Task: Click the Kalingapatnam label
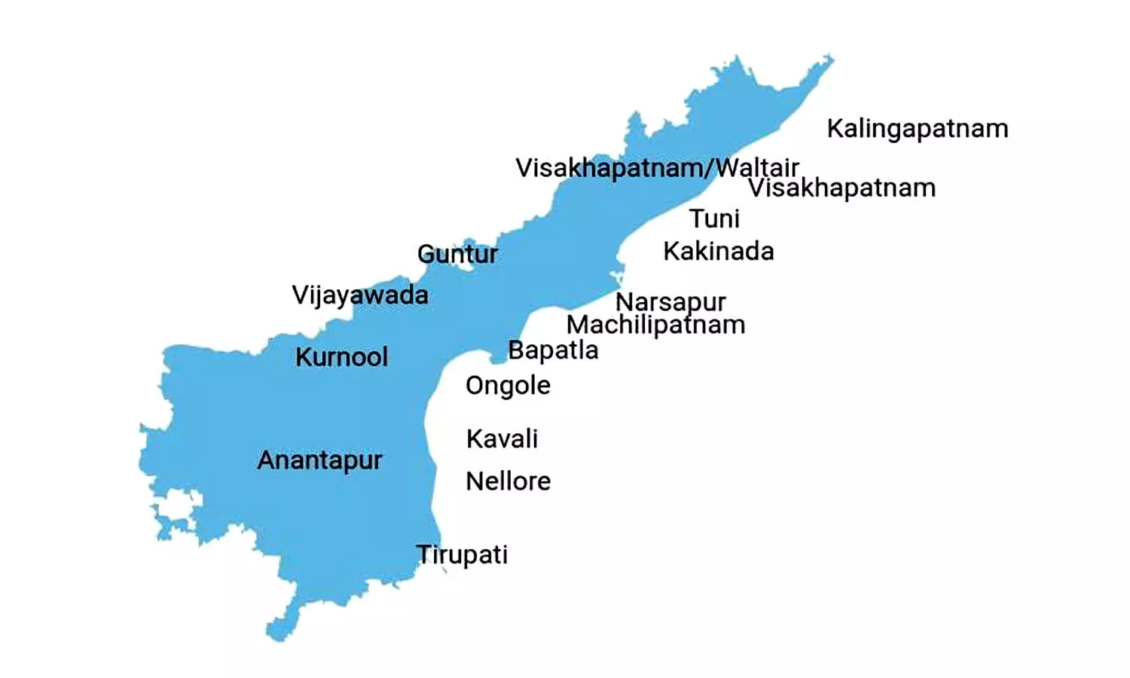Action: [x=917, y=129]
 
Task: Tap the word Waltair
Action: [x=756, y=167]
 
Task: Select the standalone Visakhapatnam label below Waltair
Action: [x=841, y=188]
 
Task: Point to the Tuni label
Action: [x=714, y=218]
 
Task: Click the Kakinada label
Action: [x=718, y=251]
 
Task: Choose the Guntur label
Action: [x=457, y=254]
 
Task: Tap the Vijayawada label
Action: [x=360, y=295]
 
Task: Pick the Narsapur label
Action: [x=670, y=302]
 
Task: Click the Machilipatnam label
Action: [x=655, y=325]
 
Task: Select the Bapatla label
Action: [x=553, y=350]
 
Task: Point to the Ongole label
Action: [x=508, y=386]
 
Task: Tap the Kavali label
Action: [x=502, y=438]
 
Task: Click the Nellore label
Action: [x=508, y=481]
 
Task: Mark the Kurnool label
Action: [x=341, y=356]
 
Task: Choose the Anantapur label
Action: [x=319, y=460]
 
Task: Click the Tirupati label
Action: [x=462, y=554]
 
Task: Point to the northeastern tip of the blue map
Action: [x=830, y=57]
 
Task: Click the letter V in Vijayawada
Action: [x=300, y=294]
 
